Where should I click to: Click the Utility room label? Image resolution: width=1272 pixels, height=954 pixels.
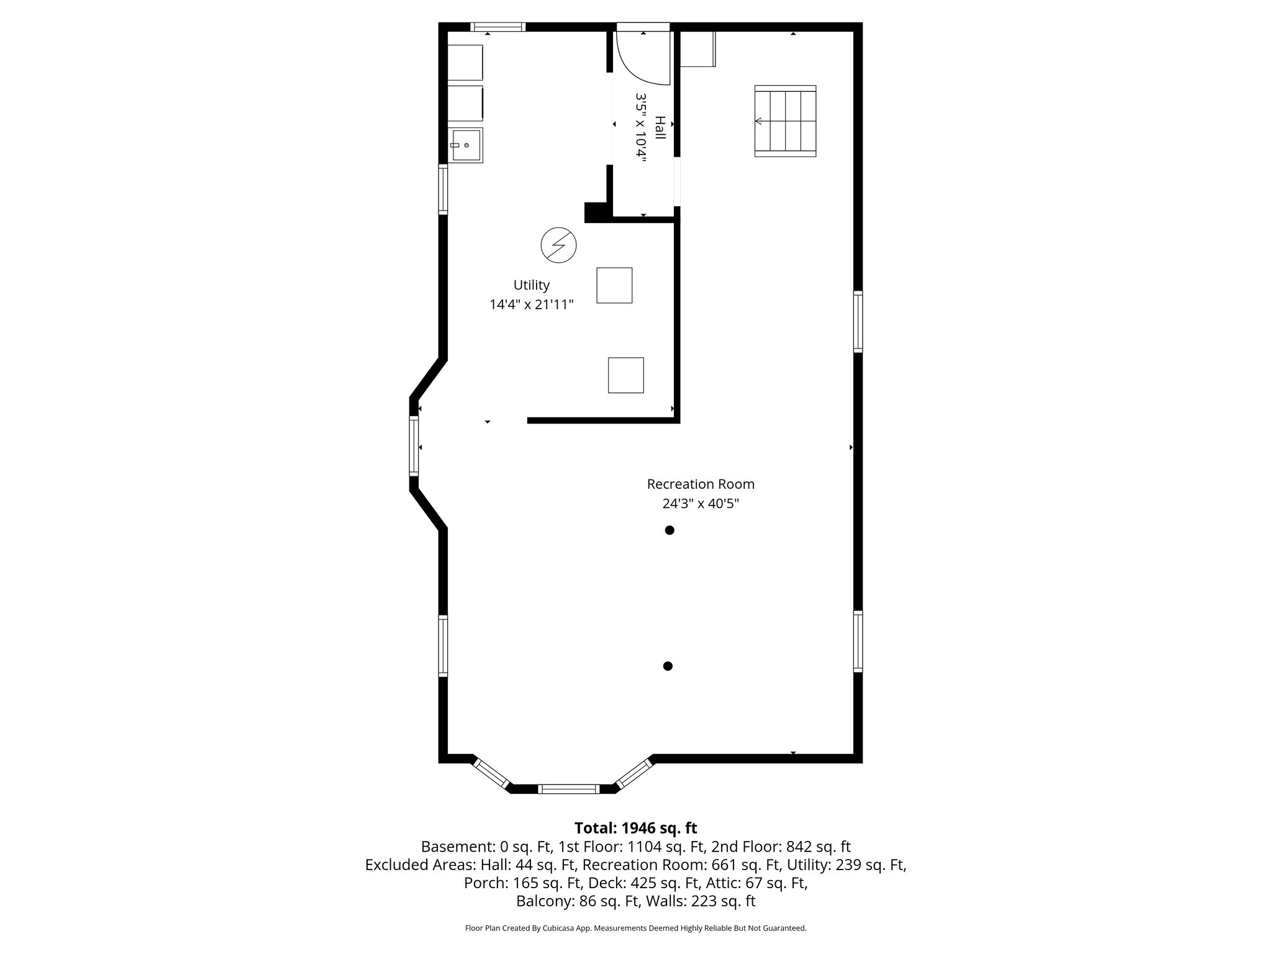[x=531, y=285]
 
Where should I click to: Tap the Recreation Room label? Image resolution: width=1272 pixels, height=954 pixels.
[x=701, y=484]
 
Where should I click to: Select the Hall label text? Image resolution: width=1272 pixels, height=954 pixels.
[x=660, y=128]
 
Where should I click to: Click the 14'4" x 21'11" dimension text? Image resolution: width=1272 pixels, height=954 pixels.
[x=531, y=305]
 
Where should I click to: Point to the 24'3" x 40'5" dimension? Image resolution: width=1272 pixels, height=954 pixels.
[x=701, y=504]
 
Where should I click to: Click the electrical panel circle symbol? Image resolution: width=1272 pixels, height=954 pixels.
[x=558, y=245]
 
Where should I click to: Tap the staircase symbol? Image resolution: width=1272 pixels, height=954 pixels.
[x=785, y=121]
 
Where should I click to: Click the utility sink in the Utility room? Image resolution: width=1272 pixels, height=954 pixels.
[x=466, y=145]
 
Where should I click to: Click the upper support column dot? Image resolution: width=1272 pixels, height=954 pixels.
[x=670, y=530]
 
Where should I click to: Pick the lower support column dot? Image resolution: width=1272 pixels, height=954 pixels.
[x=668, y=666]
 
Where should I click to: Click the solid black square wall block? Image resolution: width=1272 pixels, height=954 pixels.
[x=596, y=212]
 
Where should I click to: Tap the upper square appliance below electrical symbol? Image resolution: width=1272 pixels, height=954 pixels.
[x=614, y=286]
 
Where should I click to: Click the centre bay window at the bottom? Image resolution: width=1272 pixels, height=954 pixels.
[x=568, y=789]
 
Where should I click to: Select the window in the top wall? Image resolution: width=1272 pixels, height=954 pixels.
[x=498, y=27]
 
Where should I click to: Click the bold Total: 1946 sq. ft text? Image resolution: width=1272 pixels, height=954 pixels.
[x=635, y=828]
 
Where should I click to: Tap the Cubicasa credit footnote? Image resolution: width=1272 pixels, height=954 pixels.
[x=635, y=929]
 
